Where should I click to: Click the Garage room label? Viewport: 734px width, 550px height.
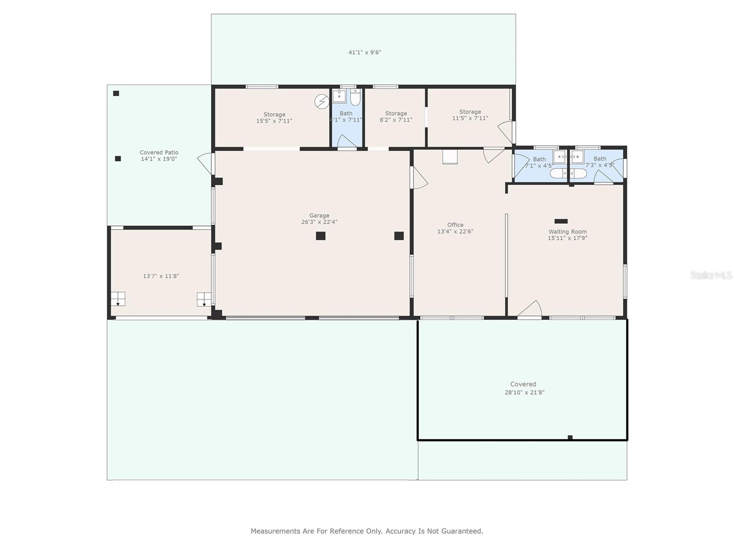pyautogui.click(x=319, y=215)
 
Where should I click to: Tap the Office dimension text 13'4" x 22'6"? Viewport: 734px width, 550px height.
pyautogui.click(x=455, y=231)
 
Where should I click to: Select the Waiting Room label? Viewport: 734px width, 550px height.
pyautogui.click(x=567, y=231)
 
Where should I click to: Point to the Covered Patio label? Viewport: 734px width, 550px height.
pyautogui.click(x=159, y=153)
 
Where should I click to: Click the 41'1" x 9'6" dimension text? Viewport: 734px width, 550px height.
pyautogui.click(x=365, y=52)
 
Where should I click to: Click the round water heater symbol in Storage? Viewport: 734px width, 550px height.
pyautogui.click(x=322, y=101)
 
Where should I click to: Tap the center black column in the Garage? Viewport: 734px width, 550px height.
pyautogui.click(x=321, y=236)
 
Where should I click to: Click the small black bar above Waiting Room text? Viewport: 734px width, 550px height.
pyautogui.click(x=561, y=221)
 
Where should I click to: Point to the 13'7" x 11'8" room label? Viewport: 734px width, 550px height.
pyautogui.click(x=161, y=276)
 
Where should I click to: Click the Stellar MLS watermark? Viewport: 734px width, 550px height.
pyautogui.click(x=711, y=275)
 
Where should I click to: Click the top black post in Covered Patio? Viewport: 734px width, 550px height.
pyautogui.click(x=116, y=93)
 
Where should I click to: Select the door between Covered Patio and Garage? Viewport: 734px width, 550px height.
pyautogui.click(x=206, y=163)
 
